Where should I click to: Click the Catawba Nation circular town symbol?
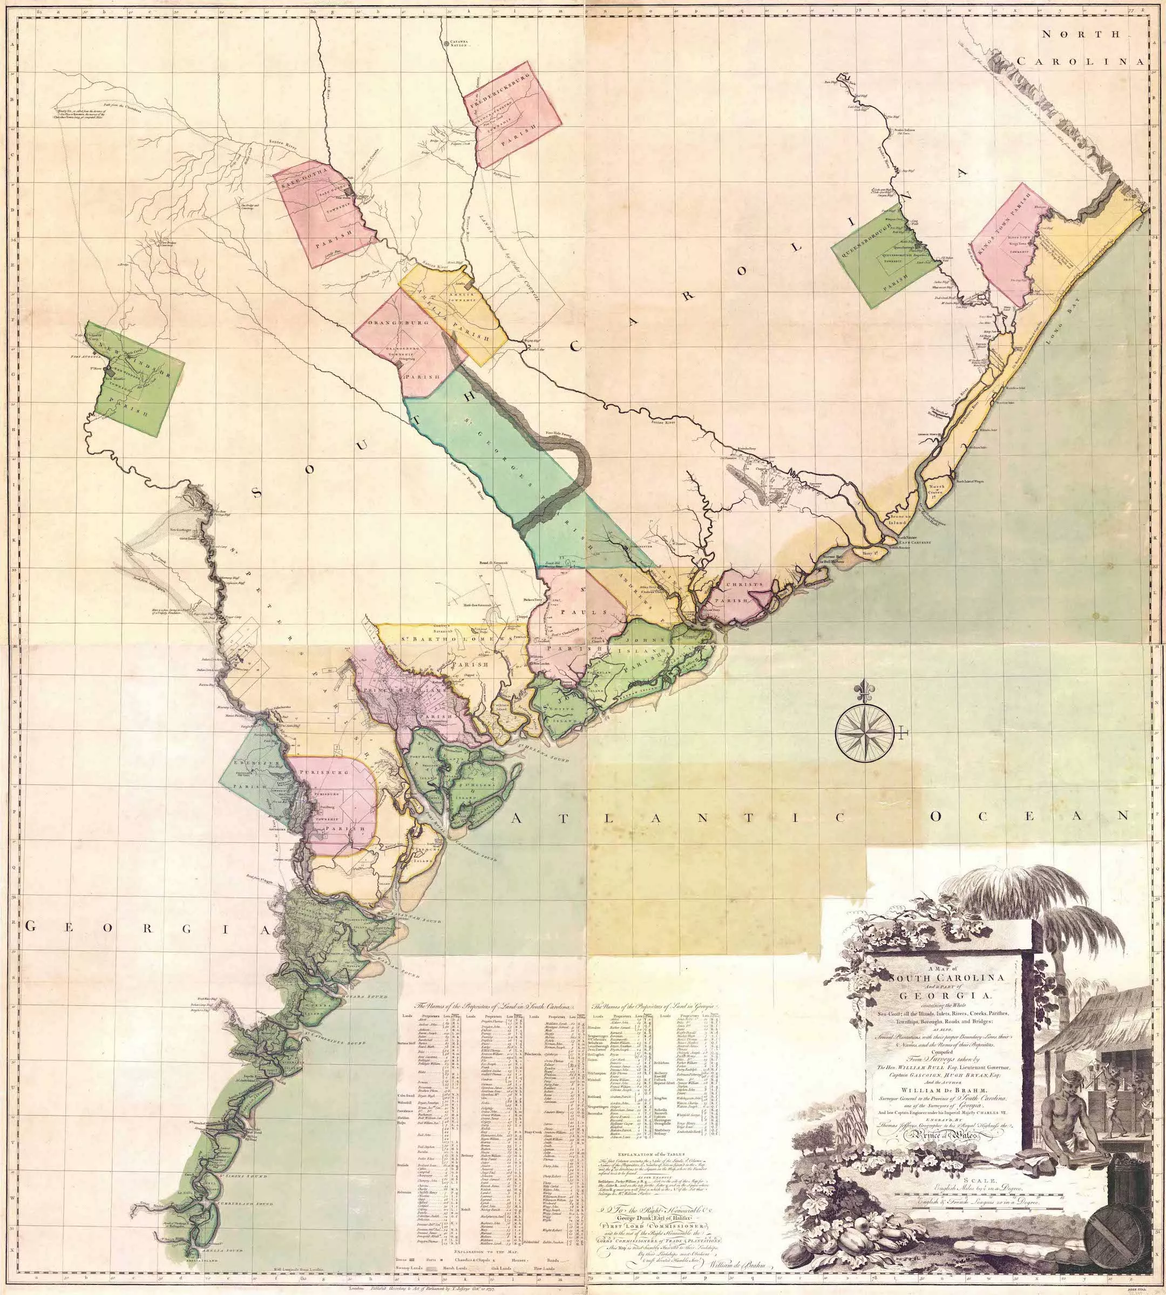click(x=446, y=44)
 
